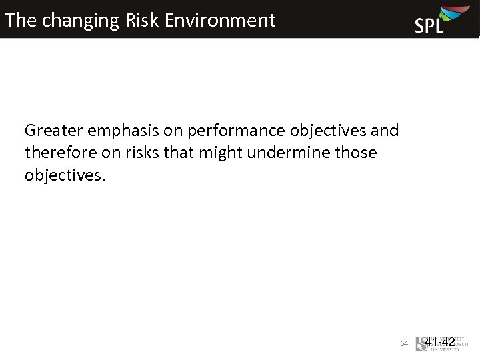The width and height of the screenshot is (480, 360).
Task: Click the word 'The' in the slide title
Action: pyautogui.click(x=20, y=20)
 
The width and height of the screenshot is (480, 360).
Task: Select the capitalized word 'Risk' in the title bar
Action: pyautogui.click(x=142, y=20)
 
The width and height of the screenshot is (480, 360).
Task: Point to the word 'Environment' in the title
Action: pyautogui.click(x=220, y=20)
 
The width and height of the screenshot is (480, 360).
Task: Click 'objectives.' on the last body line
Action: pyautogui.click(x=65, y=175)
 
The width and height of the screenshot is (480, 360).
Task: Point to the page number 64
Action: pyautogui.click(x=404, y=343)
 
